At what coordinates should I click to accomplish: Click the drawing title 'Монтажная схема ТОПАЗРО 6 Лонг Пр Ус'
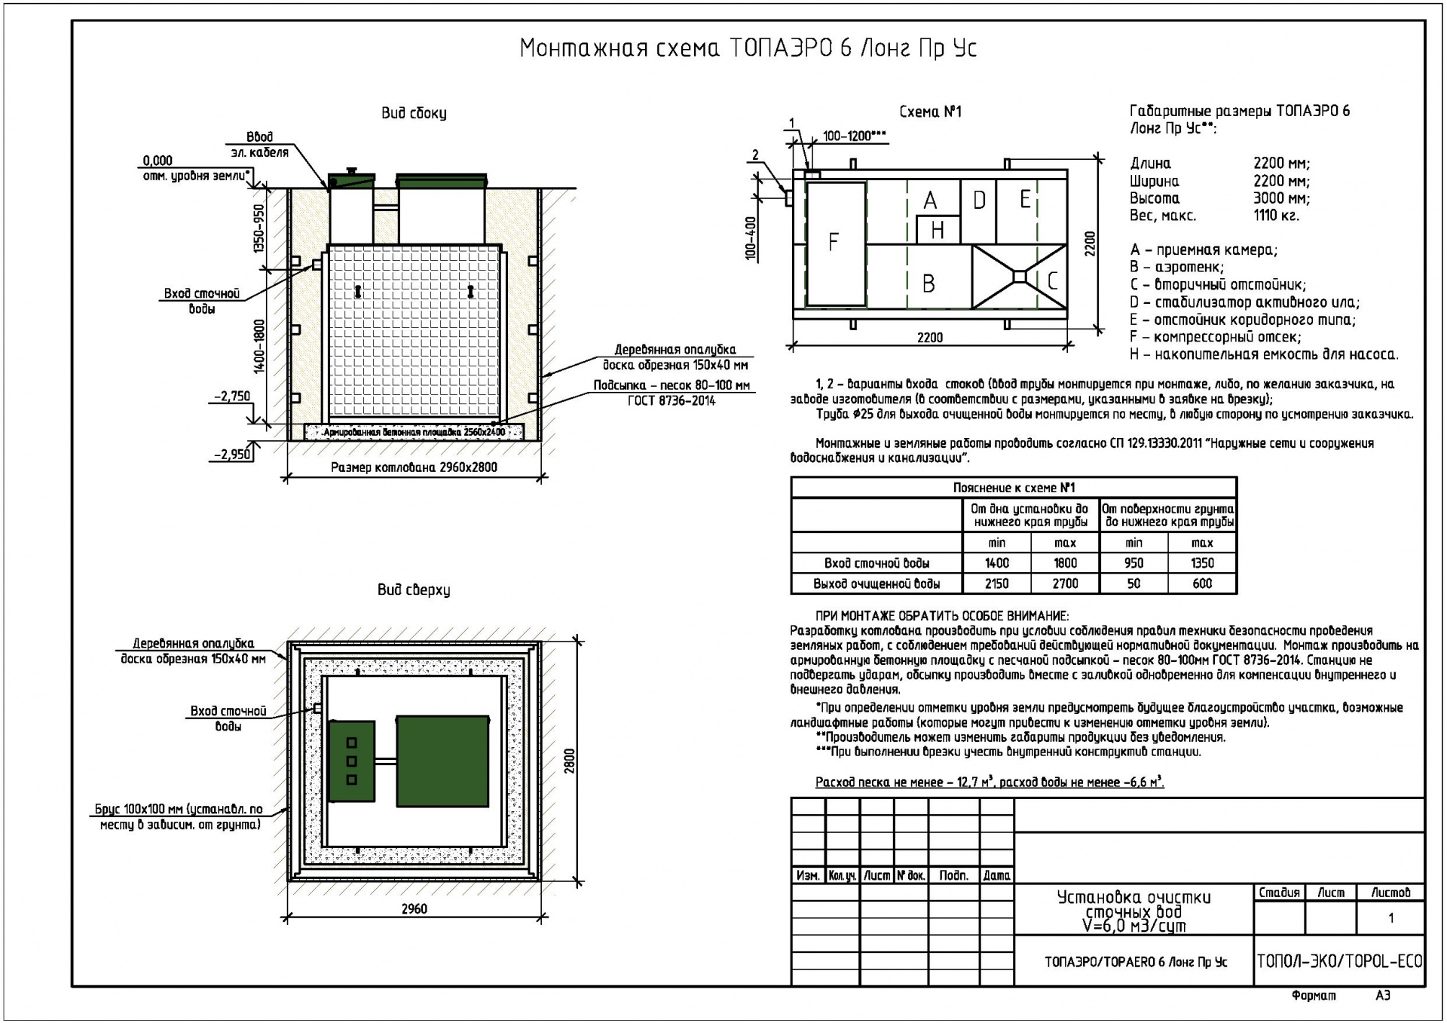(748, 48)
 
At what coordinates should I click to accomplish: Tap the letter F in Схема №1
(833, 242)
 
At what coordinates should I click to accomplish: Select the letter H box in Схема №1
(938, 230)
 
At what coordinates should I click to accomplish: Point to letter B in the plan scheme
(928, 283)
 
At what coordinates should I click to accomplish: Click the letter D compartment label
(979, 200)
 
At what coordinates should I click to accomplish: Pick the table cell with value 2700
(1065, 583)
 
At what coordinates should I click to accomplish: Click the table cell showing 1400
(997, 563)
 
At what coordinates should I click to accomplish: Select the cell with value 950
(1133, 563)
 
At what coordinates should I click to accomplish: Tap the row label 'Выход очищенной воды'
(876, 583)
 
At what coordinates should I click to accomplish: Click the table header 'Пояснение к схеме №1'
(1014, 488)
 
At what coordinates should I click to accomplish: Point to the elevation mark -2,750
(232, 396)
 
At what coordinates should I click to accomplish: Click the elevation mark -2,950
(232, 455)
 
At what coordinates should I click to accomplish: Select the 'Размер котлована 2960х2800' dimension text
(414, 467)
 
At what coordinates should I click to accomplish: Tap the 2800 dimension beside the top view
(570, 761)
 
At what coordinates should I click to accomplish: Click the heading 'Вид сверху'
(414, 590)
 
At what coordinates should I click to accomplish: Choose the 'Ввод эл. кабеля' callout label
(259, 145)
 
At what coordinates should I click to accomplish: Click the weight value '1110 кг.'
(1277, 216)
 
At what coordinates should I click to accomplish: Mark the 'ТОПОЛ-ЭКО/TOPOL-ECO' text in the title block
(1339, 961)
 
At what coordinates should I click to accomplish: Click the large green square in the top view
(442, 761)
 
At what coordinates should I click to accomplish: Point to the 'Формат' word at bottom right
(1313, 996)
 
